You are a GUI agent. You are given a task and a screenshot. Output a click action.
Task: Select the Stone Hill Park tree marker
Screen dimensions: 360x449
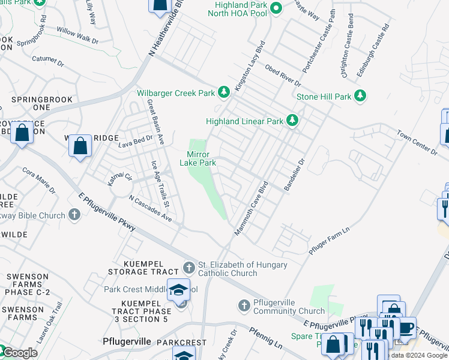click(x=360, y=96)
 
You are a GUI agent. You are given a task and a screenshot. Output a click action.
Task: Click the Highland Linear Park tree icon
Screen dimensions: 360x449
click(x=292, y=121)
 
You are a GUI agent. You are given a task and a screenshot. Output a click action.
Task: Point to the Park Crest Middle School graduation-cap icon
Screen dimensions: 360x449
click(x=178, y=290)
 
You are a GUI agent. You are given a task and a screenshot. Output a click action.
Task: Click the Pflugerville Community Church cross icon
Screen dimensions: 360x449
click(x=244, y=306)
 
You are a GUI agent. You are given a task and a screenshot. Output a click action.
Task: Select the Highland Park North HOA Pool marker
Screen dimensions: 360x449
click(x=276, y=8)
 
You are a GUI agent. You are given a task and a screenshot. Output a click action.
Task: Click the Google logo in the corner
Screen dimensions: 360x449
click(x=20, y=353)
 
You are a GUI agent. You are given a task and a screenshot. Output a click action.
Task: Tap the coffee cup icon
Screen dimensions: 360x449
click(x=406, y=328)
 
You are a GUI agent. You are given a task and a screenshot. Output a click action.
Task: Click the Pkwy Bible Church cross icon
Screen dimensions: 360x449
click(x=74, y=214)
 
